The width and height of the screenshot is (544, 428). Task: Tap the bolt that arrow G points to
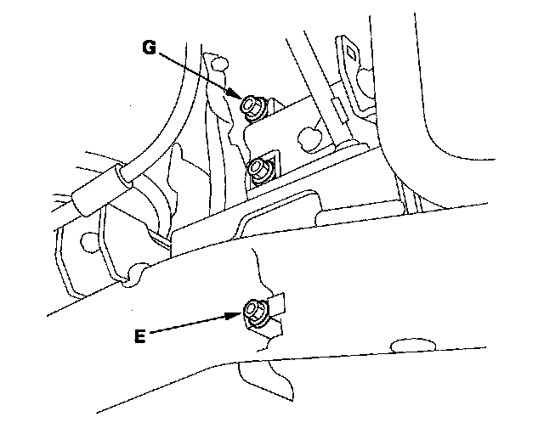pos(252,106)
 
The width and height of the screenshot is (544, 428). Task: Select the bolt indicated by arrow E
pos(254,312)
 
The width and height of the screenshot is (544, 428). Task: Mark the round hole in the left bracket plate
pos(88,244)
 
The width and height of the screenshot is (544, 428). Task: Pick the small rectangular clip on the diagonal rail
pos(337,108)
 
